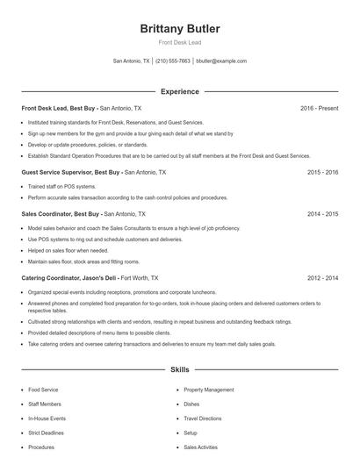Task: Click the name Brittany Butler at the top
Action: click(180, 29)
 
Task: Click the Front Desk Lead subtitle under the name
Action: click(180, 42)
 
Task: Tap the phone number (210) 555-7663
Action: click(174, 61)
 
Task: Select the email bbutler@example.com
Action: click(221, 61)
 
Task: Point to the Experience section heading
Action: click(180, 91)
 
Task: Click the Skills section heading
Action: click(180, 370)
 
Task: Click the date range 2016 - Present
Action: click(319, 108)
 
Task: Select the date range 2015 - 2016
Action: click(322, 172)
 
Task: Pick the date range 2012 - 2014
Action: click(322, 277)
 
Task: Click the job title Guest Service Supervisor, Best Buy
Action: click(70, 172)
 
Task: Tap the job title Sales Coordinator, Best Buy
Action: click(61, 213)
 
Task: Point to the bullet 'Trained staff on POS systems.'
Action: click(61, 187)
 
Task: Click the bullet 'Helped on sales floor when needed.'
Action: click(67, 250)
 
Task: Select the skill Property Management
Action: click(209, 390)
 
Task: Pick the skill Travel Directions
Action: click(203, 418)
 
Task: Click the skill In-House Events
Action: click(47, 418)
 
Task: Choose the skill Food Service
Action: click(44, 390)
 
